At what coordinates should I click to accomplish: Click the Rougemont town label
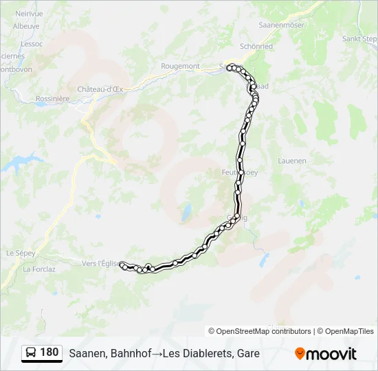[180, 66]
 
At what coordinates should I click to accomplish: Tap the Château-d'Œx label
[100, 89]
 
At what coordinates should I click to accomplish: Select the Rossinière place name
[52, 98]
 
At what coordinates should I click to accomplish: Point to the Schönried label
[256, 46]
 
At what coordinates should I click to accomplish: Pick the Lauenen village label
[291, 161]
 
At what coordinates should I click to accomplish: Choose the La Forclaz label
[39, 269]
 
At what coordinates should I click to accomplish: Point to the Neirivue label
[28, 13]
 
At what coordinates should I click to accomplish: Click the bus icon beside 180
[31, 353]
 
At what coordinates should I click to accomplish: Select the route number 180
[49, 352]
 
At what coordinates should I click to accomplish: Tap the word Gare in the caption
[247, 353]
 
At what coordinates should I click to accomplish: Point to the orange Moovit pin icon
[300, 354]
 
